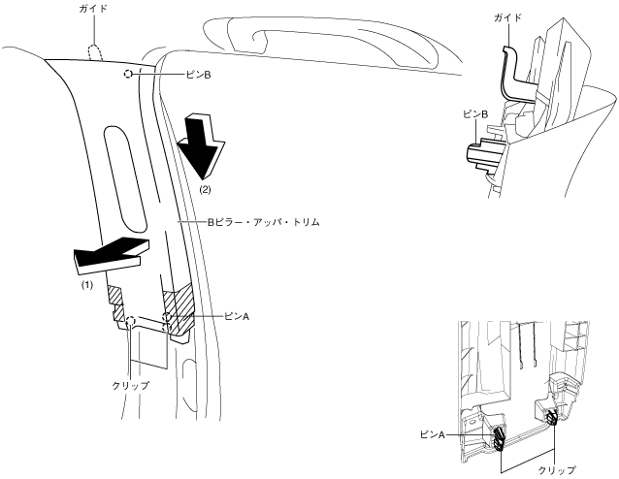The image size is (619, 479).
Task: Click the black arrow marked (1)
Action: (110, 253)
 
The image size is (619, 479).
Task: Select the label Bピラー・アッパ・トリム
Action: (261, 222)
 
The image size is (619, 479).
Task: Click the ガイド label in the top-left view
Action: (95, 8)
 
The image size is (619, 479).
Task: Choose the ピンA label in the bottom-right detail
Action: (431, 435)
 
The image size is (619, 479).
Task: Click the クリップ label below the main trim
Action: (131, 385)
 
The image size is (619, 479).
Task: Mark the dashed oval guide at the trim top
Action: (96, 48)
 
